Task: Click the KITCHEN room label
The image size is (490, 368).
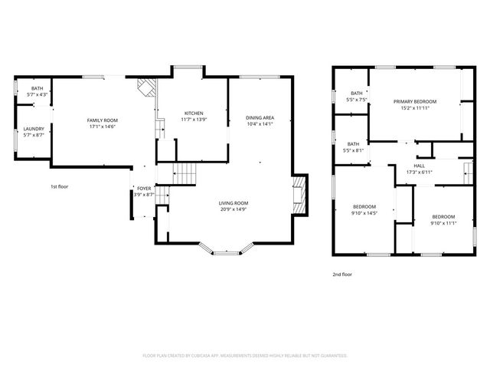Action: pos(192,113)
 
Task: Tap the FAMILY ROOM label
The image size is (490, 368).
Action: pos(101,120)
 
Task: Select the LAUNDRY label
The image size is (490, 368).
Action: pos(34,129)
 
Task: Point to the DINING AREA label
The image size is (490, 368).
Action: pos(260,117)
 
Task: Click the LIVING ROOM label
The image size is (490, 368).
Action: pos(234,203)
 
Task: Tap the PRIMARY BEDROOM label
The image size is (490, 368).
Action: pos(415,102)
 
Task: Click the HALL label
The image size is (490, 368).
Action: pos(420,166)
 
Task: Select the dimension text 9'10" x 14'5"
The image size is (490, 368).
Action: pos(364,212)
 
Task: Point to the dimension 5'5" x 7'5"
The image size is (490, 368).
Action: pos(357,100)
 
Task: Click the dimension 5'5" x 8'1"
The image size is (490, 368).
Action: pos(357,150)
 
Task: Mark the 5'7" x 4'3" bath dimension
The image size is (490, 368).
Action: pos(37,94)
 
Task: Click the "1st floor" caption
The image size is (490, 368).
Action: pos(60,186)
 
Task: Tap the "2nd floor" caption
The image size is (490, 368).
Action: pos(342,274)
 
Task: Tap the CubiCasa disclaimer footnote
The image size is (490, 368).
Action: pos(245,356)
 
